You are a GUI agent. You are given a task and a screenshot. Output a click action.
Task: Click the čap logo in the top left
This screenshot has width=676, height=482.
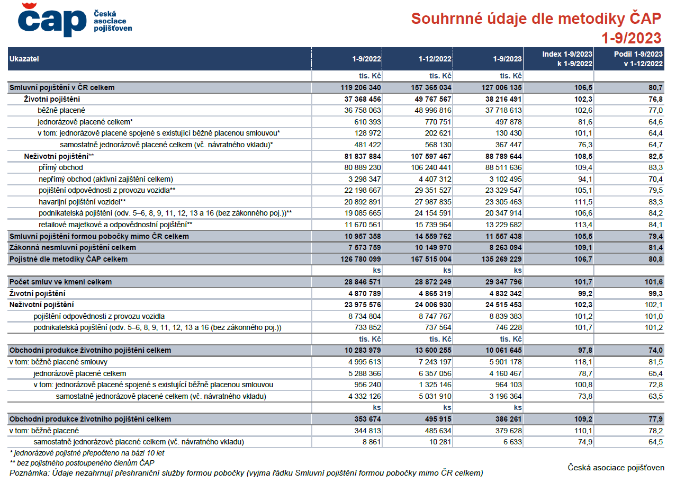tap(75, 20)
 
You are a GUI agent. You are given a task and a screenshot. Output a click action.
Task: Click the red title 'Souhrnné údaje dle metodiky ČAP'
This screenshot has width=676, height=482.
tap(536, 19)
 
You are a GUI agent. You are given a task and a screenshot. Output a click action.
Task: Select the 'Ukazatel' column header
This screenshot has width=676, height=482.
tap(24, 59)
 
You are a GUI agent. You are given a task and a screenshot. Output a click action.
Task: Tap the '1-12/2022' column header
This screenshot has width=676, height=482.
tap(435, 59)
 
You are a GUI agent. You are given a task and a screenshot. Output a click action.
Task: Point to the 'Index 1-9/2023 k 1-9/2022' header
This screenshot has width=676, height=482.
tap(567, 59)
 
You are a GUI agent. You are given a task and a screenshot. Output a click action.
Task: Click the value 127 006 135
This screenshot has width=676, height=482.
tap(501, 87)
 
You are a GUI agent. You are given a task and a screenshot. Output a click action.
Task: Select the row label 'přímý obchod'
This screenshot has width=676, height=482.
tap(61, 167)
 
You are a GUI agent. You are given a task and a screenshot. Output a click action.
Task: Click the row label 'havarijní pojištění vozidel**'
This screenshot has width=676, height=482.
tap(82, 202)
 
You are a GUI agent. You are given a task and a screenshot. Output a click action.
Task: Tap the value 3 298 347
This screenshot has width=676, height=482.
tap(365, 179)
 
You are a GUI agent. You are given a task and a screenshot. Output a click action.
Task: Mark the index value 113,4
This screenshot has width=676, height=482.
tap(583, 225)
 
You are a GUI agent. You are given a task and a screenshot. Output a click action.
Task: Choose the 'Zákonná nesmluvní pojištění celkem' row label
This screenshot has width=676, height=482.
tap(73, 248)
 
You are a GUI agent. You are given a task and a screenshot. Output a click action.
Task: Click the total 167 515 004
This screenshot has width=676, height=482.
tap(431, 259)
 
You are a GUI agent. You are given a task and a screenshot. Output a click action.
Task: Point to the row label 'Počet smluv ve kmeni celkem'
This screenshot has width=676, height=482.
tap(60, 282)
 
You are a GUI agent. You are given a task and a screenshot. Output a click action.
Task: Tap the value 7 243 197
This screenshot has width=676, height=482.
tap(435, 362)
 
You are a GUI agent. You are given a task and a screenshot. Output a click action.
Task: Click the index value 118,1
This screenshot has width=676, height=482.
tap(583, 362)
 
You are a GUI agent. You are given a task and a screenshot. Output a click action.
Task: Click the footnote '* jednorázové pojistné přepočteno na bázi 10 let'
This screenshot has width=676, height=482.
tap(87, 453)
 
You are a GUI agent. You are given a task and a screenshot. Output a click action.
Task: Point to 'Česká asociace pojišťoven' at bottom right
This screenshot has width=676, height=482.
tap(616, 468)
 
